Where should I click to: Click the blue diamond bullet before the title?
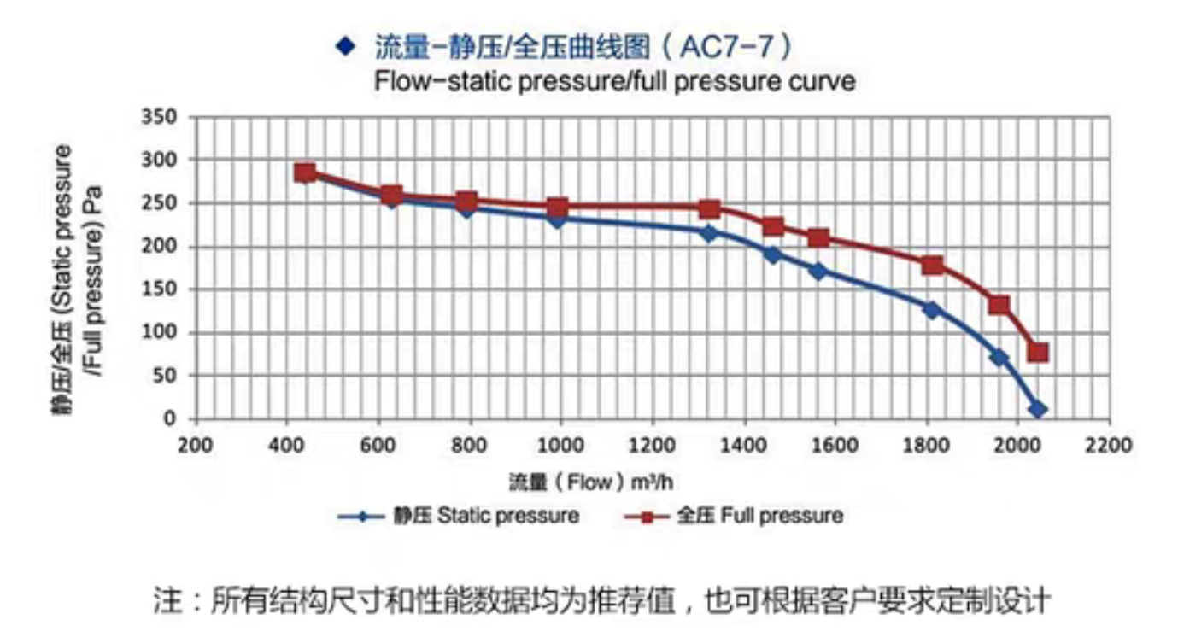click(345, 46)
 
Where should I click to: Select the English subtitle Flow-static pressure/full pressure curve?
click(614, 82)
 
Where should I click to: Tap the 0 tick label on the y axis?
click(169, 419)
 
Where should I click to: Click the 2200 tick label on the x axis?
click(1110, 445)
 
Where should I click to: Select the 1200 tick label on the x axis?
click(653, 445)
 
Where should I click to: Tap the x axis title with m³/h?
click(591, 482)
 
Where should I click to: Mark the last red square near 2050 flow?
click(1038, 352)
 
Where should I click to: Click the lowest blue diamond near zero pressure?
click(1038, 409)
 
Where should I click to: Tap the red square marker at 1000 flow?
click(557, 207)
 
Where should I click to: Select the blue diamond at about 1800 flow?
click(932, 309)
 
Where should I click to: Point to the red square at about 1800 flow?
click(932, 265)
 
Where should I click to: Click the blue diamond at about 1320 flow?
click(708, 232)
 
